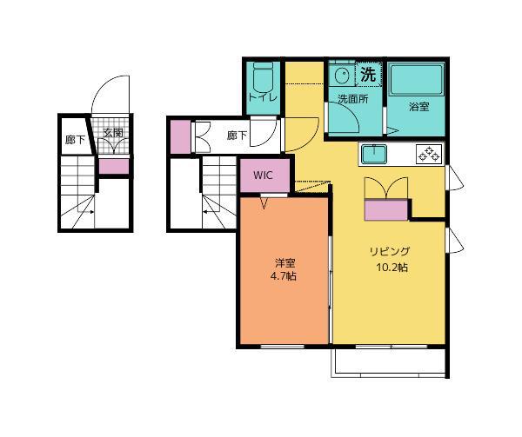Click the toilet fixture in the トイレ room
[x=263, y=76]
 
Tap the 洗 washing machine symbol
[x=368, y=74]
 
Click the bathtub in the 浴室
[x=417, y=80]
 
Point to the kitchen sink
[x=374, y=155]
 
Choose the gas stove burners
[x=430, y=154]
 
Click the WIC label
[x=263, y=175]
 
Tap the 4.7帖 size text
[x=283, y=276]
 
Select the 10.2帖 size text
[x=392, y=268]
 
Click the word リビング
[x=390, y=251]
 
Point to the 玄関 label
[x=113, y=133]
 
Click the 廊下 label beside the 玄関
[x=75, y=140]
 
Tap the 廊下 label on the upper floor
[x=237, y=136]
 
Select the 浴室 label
[x=418, y=107]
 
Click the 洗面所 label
[x=353, y=99]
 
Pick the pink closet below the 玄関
[x=114, y=166]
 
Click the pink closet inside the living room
[x=386, y=210]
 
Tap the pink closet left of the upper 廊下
[x=180, y=136]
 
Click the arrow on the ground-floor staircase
[x=86, y=212]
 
